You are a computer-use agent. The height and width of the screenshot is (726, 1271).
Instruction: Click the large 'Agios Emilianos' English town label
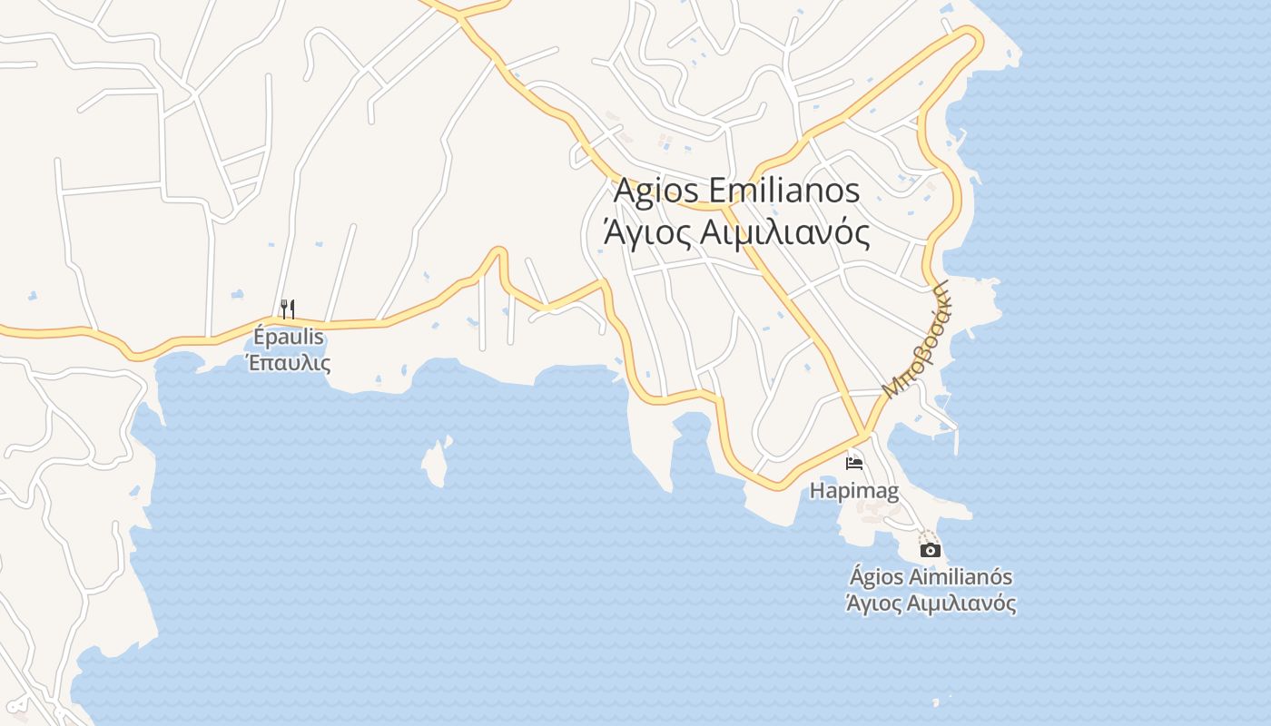[x=736, y=191]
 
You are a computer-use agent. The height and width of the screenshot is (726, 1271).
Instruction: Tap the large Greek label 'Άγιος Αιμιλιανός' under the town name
[x=736, y=232]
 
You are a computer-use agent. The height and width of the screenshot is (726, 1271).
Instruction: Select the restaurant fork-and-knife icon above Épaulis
[x=288, y=309]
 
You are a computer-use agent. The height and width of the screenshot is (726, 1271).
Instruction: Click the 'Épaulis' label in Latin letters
[x=289, y=337]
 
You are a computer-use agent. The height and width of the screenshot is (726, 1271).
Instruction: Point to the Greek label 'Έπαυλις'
[x=289, y=363]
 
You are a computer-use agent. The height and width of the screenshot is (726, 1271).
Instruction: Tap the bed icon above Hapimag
[x=853, y=464]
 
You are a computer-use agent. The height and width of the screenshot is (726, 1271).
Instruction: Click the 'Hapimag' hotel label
[x=854, y=492]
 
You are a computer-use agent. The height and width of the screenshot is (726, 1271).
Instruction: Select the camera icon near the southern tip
[x=930, y=550]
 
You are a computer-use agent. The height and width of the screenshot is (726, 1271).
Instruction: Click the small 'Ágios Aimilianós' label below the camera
[x=931, y=576]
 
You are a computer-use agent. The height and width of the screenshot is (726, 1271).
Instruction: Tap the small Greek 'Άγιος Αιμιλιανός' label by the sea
[x=931, y=603]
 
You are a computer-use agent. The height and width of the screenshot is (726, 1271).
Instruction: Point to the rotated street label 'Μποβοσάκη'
[x=917, y=338]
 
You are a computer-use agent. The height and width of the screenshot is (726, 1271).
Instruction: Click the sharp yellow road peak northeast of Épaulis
[x=498, y=251]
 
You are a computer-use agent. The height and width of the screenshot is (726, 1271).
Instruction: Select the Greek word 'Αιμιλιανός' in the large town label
[x=786, y=232]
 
